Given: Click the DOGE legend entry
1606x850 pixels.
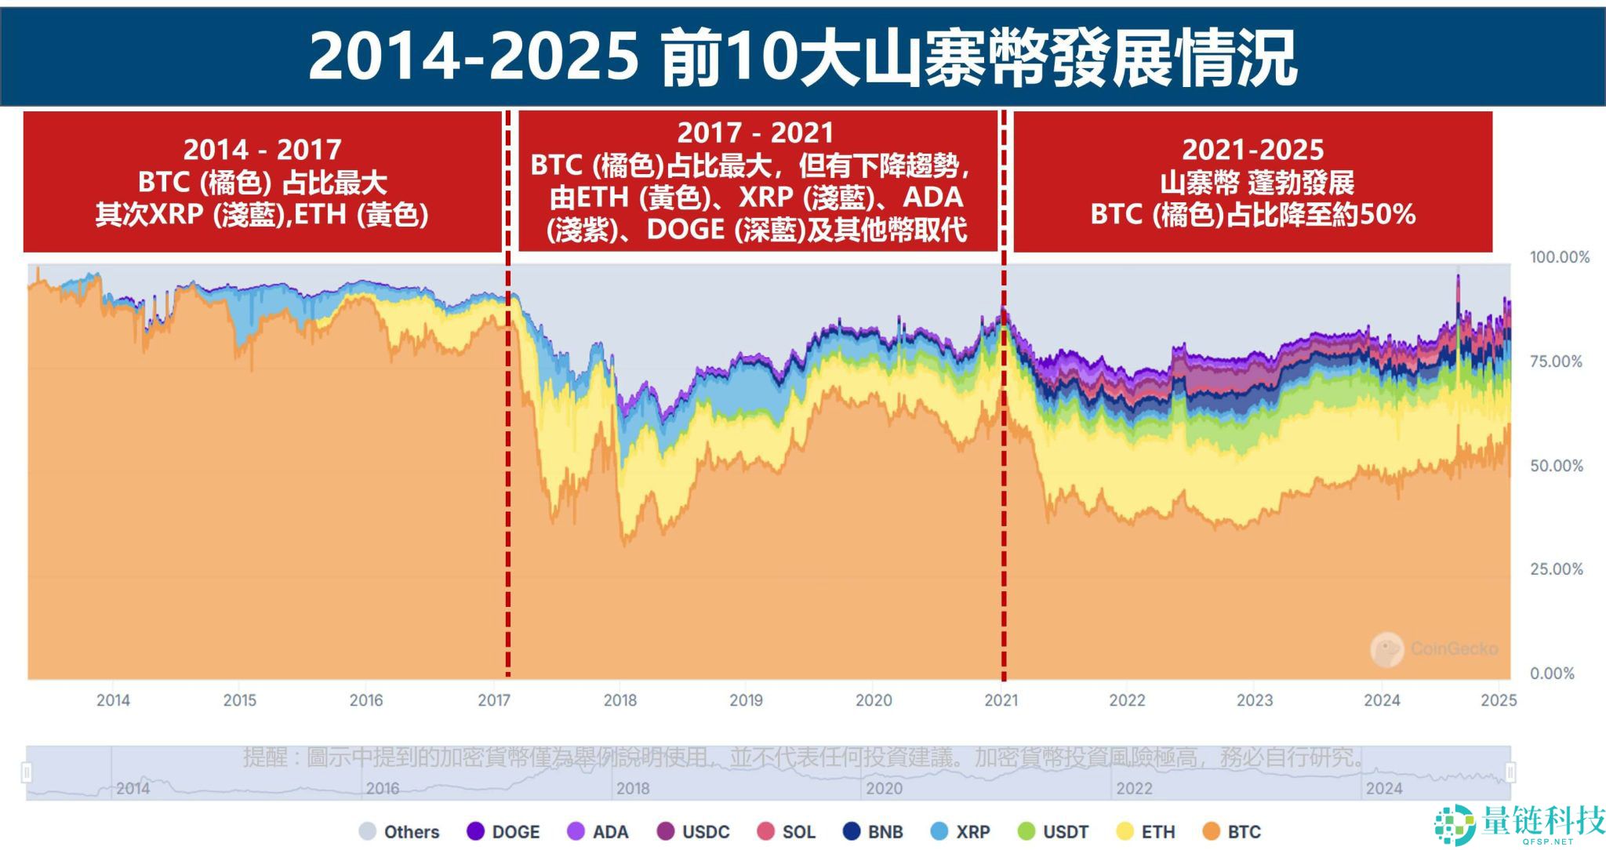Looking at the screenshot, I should [x=503, y=832].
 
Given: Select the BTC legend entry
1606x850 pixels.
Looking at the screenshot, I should [x=1232, y=832].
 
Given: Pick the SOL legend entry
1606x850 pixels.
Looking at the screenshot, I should [x=787, y=832].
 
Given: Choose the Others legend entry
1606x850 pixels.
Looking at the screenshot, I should [x=399, y=832].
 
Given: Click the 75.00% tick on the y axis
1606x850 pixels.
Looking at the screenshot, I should [x=1556, y=361].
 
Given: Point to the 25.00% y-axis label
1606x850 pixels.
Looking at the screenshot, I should [x=1556, y=569].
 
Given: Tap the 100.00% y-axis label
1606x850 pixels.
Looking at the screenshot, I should [x=1559, y=257].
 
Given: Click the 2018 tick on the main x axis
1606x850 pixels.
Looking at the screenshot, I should [x=620, y=700].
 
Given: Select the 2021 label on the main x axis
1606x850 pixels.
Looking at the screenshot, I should [x=1001, y=700].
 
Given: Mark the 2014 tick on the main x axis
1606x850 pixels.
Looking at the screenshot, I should [x=113, y=700].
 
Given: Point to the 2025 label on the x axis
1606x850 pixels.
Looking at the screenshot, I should [x=1499, y=700].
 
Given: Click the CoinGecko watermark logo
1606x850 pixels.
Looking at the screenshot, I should [x=1386, y=649].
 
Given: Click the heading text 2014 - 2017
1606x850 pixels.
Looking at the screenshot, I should [x=262, y=149].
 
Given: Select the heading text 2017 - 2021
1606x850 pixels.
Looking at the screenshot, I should [x=755, y=133].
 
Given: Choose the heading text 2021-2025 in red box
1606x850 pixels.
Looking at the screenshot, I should [x=1252, y=149].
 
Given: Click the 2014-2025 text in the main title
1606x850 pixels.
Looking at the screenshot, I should [x=473, y=56].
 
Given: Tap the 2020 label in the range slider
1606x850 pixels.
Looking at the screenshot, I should [x=884, y=788].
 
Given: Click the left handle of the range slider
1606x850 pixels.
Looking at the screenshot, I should [x=27, y=772].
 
